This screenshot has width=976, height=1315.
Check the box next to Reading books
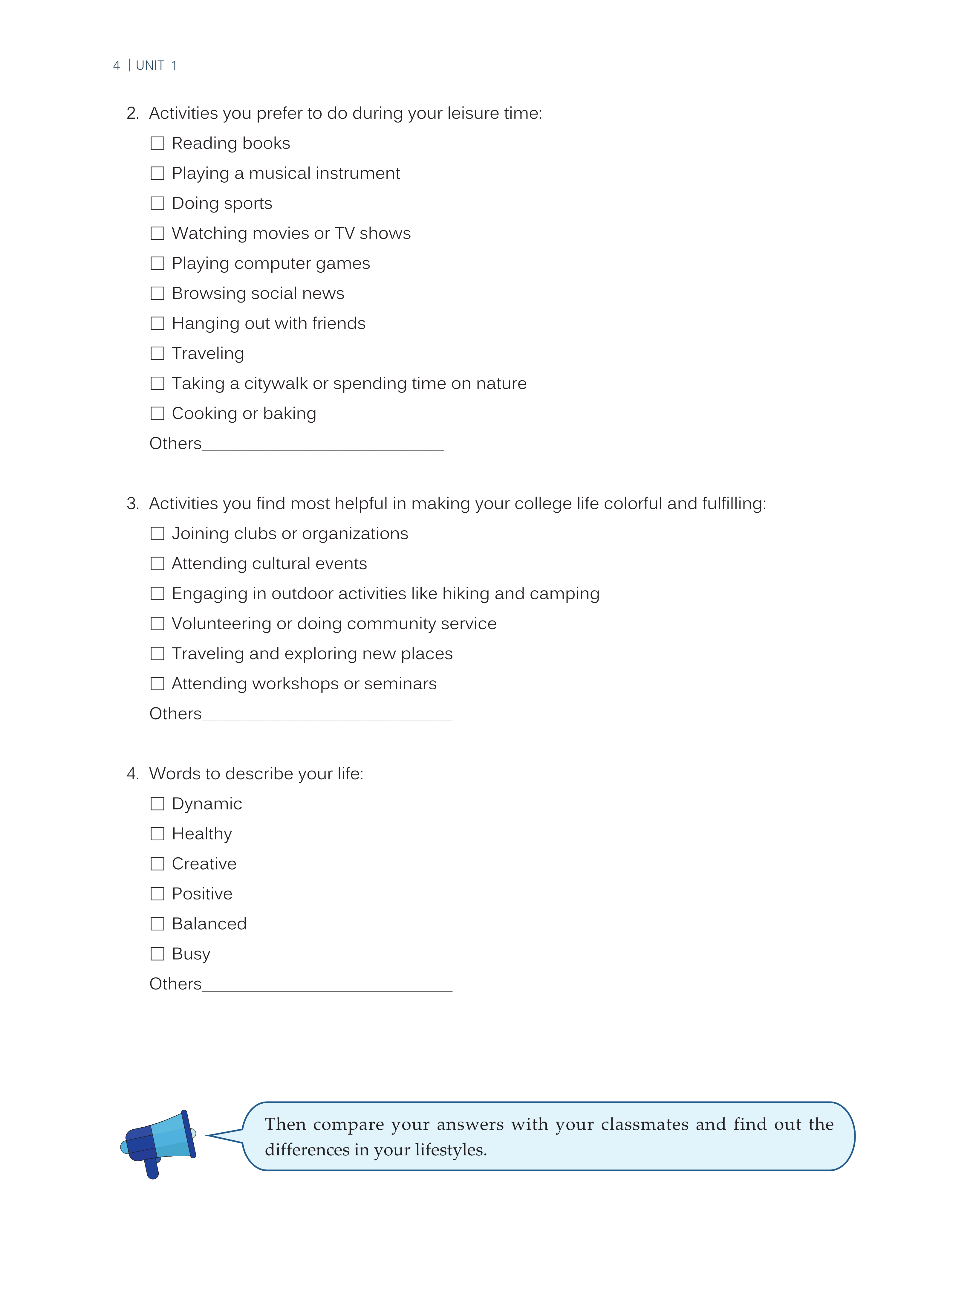(x=157, y=143)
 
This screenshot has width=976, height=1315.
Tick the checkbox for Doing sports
(x=157, y=203)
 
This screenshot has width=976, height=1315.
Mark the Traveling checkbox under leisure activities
(x=157, y=353)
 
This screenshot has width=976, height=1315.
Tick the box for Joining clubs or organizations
(x=157, y=534)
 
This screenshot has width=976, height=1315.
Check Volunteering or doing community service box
(x=157, y=624)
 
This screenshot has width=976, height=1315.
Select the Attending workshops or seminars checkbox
(x=157, y=684)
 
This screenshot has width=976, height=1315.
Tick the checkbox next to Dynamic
(x=157, y=804)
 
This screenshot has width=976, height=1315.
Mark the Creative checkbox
(x=157, y=864)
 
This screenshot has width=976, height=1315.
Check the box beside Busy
(x=157, y=954)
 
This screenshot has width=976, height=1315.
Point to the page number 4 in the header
(x=116, y=65)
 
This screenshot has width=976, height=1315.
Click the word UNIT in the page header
(x=150, y=65)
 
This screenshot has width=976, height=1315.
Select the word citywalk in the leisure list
(x=276, y=384)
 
